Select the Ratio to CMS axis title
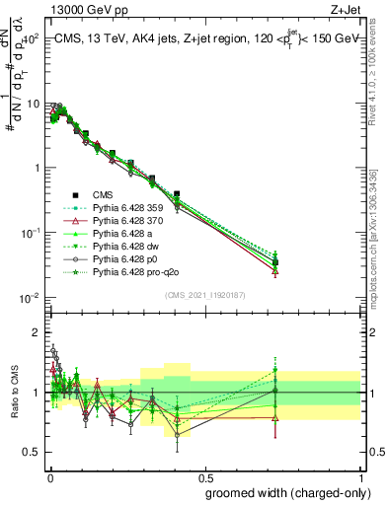pos(13,395)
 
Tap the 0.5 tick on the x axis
pos(204,476)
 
